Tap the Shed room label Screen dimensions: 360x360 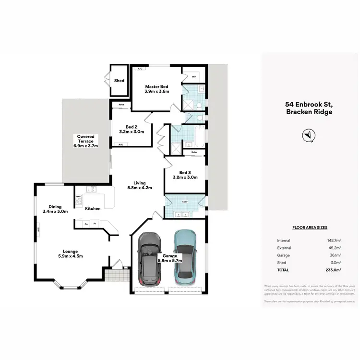coord(119,81)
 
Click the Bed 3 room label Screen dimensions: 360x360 coord(185,172)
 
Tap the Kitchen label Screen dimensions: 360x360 coord(93,209)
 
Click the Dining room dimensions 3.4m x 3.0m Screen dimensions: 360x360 coord(55,211)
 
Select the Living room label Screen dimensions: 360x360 coord(139,183)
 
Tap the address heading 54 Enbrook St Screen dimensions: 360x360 coord(309,104)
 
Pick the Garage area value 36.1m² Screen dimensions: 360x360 coord(335,255)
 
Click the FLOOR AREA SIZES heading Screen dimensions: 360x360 coord(309,228)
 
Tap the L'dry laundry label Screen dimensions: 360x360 coord(184,202)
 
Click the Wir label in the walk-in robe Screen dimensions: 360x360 coord(193,76)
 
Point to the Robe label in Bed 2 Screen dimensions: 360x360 coord(121,104)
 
